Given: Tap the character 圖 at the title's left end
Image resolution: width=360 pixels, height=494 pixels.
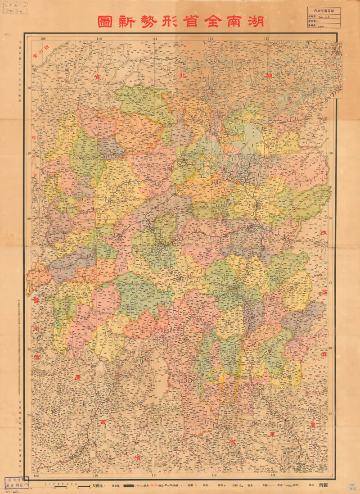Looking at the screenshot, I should [105, 21].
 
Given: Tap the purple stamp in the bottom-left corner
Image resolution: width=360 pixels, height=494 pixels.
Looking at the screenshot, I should [17, 483].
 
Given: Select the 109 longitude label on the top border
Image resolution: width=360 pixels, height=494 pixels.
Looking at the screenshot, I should [43, 38].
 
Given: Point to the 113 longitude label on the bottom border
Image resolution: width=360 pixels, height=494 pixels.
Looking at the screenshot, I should [273, 475].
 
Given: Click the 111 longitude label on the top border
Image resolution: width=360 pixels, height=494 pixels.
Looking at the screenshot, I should [154, 38].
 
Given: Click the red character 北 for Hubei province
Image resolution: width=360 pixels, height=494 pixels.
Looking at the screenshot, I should [183, 76].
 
